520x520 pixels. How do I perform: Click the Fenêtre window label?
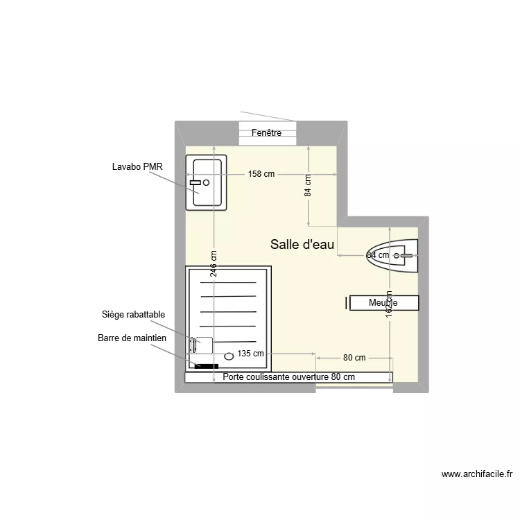267,133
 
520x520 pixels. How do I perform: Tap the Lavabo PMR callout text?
137,166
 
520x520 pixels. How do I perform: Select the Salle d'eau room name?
302,244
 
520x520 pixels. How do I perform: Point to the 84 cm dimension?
308,186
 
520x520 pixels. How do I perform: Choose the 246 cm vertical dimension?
214,264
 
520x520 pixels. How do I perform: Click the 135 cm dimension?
250,354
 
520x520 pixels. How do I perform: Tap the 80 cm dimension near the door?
354,358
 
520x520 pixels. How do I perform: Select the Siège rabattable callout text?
133,315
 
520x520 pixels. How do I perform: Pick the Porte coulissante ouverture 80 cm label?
289,377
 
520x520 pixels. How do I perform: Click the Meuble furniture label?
383,303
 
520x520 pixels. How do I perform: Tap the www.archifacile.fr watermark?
477,475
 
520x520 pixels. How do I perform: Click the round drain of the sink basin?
206,182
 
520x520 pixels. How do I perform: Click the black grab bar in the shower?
206,366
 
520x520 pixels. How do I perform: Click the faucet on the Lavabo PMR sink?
196,182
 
